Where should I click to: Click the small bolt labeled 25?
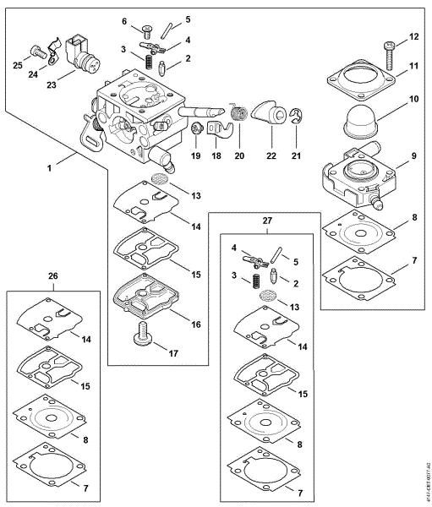click(x=36, y=51)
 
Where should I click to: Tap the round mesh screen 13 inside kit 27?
click(x=265, y=297)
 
